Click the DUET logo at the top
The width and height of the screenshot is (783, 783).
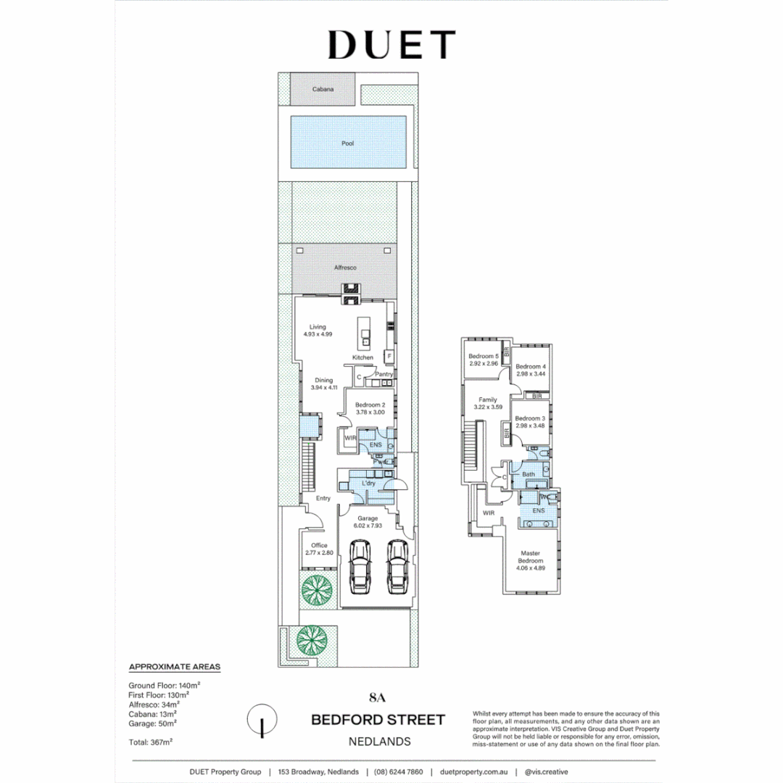391,44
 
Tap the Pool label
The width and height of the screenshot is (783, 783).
348,144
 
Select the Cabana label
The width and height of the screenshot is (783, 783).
323,89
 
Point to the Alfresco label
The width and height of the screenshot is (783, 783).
345,268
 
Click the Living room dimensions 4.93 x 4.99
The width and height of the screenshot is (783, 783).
318,334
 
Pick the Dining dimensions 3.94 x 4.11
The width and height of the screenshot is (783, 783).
323,388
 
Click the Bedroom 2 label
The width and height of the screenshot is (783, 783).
370,405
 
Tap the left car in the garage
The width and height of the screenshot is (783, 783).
360,565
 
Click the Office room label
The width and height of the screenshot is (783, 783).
319,545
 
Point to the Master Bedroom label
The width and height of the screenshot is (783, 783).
530,557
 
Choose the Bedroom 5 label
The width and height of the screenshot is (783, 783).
484,356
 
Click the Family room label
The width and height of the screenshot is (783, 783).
487,399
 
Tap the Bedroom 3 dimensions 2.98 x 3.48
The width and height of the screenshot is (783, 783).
530,426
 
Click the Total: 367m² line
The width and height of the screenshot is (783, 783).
150,742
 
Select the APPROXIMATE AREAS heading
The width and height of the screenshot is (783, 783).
174,666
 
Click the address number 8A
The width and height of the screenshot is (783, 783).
378,698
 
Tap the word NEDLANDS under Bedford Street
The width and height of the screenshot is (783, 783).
379,742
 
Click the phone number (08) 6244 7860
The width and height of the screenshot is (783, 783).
399,772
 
